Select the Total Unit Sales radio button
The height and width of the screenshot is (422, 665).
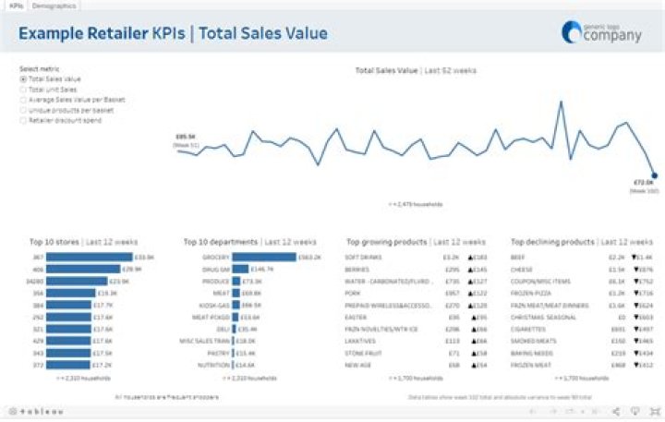[x=23, y=90]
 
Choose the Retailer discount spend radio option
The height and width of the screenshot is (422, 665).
[x=23, y=120]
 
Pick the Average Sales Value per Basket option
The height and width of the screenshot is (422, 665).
[x=23, y=100]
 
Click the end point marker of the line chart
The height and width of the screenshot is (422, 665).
[x=654, y=175]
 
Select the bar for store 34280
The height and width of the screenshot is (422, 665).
[x=78, y=281]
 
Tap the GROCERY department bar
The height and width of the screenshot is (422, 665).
[x=263, y=257]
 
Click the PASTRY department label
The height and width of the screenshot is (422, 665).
[x=219, y=353]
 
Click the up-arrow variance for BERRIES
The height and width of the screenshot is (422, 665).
[x=478, y=269]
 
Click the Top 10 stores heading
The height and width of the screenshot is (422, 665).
[x=55, y=242]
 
